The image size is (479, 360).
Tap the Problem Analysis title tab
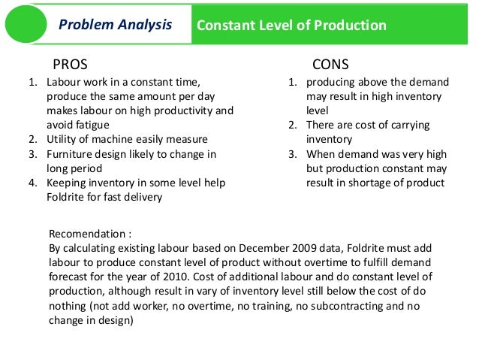pos(115,26)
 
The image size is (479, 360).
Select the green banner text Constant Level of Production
pos(291,26)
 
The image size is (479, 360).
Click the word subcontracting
pos(350,304)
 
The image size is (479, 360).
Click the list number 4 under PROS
pos(32,183)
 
